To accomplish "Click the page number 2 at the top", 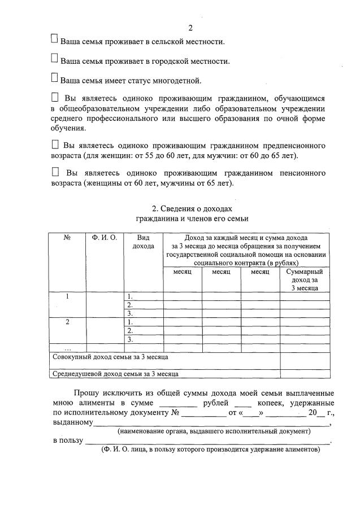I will pos(190,28).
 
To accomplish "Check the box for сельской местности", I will pos(54,39).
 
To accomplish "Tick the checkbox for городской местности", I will pos(54,58).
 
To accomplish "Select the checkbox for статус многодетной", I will pos(54,77).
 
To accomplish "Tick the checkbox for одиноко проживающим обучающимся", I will pos(55,97).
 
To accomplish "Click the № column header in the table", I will pos(67,238).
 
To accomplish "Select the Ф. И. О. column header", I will pos(105,238).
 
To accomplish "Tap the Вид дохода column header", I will pos(143,242).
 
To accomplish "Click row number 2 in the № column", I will pos(67,322).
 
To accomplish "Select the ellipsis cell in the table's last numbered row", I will pos(67,348).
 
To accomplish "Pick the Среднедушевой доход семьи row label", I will pos(115,373).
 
